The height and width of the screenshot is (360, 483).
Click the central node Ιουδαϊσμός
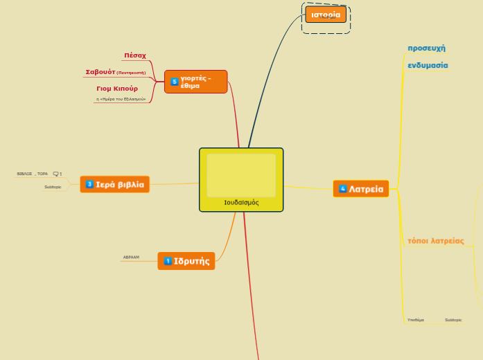point(241,179)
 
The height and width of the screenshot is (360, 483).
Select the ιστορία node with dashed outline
point(326,15)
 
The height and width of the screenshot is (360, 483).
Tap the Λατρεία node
point(361,189)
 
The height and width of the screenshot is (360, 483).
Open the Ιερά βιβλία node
point(115,184)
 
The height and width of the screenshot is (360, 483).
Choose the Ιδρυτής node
point(186,261)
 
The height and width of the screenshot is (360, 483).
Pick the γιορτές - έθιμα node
point(196,82)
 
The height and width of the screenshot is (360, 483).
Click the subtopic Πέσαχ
point(135,55)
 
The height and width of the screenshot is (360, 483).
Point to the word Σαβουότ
point(100,71)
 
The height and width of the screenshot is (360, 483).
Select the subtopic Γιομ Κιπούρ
point(117,89)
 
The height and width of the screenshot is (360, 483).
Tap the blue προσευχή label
point(426,48)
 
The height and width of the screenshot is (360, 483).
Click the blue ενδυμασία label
point(428,65)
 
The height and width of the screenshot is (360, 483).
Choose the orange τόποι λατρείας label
point(435,241)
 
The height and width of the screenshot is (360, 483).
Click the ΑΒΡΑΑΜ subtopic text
point(131,258)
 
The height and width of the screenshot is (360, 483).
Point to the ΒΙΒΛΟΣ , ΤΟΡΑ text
point(33,174)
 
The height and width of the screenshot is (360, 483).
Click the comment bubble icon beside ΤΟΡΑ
point(55,174)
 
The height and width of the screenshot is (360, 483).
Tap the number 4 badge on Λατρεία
point(342,189)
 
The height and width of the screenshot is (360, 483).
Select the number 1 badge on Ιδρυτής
point(167,261)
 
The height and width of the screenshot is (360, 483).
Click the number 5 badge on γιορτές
point(175,82)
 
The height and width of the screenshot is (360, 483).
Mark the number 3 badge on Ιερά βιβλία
point(89,184)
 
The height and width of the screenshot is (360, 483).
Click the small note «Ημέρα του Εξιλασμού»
point(121,100)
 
